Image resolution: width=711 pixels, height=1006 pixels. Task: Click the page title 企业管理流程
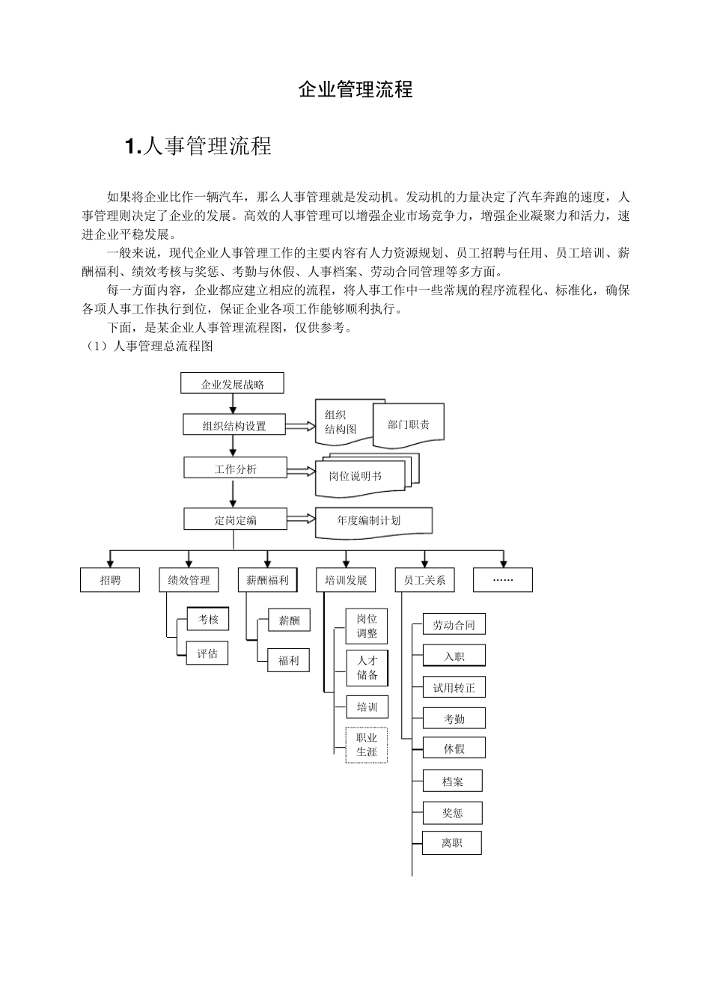coord(355,90)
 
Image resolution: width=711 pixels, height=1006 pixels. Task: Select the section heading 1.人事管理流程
coord(198,146)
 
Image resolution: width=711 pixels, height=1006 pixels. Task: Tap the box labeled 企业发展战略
coord(232,384)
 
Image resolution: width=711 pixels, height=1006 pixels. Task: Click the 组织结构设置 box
coord(234,426)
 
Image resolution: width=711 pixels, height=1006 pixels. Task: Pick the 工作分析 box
coord(235,469)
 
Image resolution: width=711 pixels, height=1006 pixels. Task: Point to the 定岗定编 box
coord(235,519)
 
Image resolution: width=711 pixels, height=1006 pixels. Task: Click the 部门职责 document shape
coord(409,425)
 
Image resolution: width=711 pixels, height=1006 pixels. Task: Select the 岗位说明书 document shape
coord(358,475)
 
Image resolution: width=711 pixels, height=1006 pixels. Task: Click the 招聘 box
coord(110,580)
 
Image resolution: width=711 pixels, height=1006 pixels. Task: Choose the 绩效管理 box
coord(189,580)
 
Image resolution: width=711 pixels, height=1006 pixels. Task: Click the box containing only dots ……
coord(503,580)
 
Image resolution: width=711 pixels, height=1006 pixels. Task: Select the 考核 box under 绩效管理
coord(207,620)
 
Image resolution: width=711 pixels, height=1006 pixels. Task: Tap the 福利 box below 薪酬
coord(288,661)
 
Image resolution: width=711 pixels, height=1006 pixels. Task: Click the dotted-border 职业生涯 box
coord(367,745)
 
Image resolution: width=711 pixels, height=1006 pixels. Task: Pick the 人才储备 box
coord(367,668)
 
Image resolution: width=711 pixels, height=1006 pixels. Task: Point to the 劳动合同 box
coord(454,625)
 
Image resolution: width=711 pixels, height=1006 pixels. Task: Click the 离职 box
coord(451,843)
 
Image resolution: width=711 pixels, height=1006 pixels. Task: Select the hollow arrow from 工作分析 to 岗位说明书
coord(301,471)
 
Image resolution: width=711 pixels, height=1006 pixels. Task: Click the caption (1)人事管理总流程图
coord(150,347)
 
